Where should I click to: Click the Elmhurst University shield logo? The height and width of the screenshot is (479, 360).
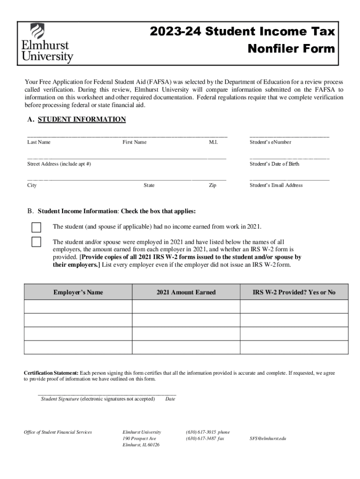(37, 32)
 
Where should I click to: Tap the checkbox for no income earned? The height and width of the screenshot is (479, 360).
(36, 227)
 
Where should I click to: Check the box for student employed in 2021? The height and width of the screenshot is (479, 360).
(36, 242)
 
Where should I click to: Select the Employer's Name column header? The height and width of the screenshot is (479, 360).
(78, 292)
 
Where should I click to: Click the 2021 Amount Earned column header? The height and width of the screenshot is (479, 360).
(186, 292)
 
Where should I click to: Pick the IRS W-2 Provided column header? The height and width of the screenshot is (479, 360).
(294, 292)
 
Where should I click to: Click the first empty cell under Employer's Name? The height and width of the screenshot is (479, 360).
(78, 306)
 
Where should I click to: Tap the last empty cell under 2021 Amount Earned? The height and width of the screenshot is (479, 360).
(186, 348)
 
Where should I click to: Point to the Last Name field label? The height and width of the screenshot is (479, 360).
(39, 142)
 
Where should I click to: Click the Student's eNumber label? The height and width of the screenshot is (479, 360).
(270, 142)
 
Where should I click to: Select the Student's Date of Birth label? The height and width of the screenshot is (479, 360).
(274, 164)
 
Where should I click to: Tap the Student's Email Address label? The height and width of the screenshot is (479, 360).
(276, 185)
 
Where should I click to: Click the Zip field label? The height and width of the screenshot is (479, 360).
(212, 185)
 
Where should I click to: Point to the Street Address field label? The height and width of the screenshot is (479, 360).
(59, 164)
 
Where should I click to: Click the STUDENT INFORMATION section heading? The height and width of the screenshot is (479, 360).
(81, 120)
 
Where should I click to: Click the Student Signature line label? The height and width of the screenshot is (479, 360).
(60, 399)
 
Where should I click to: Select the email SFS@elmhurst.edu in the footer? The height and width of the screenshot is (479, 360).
(268, 439)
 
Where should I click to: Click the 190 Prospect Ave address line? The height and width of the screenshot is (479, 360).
(139, 439)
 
